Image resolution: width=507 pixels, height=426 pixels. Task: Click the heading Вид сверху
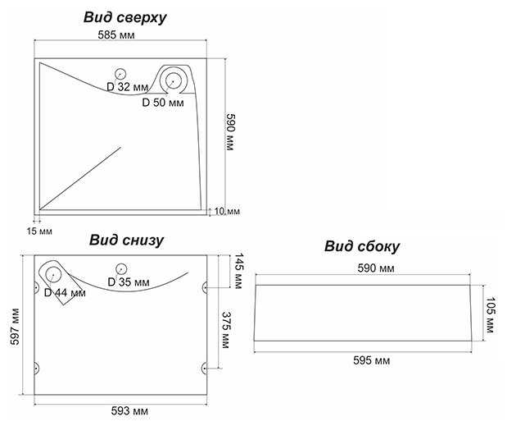(x=124, y=16)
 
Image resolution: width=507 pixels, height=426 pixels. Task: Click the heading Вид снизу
(x=126, y=240)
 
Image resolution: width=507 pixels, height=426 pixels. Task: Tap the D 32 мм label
(x=128, y=86)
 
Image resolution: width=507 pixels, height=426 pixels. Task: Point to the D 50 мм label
(x=164, y=103)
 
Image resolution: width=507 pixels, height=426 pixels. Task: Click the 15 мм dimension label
(x=38, y=232)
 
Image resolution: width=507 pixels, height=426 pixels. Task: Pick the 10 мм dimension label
(x=227, y=212)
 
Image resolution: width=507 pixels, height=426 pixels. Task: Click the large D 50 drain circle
(x=174, y=80)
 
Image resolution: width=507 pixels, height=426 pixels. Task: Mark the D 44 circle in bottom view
(x=52, y=276)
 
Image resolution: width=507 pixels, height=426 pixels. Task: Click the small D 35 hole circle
(x=121, y=268)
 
